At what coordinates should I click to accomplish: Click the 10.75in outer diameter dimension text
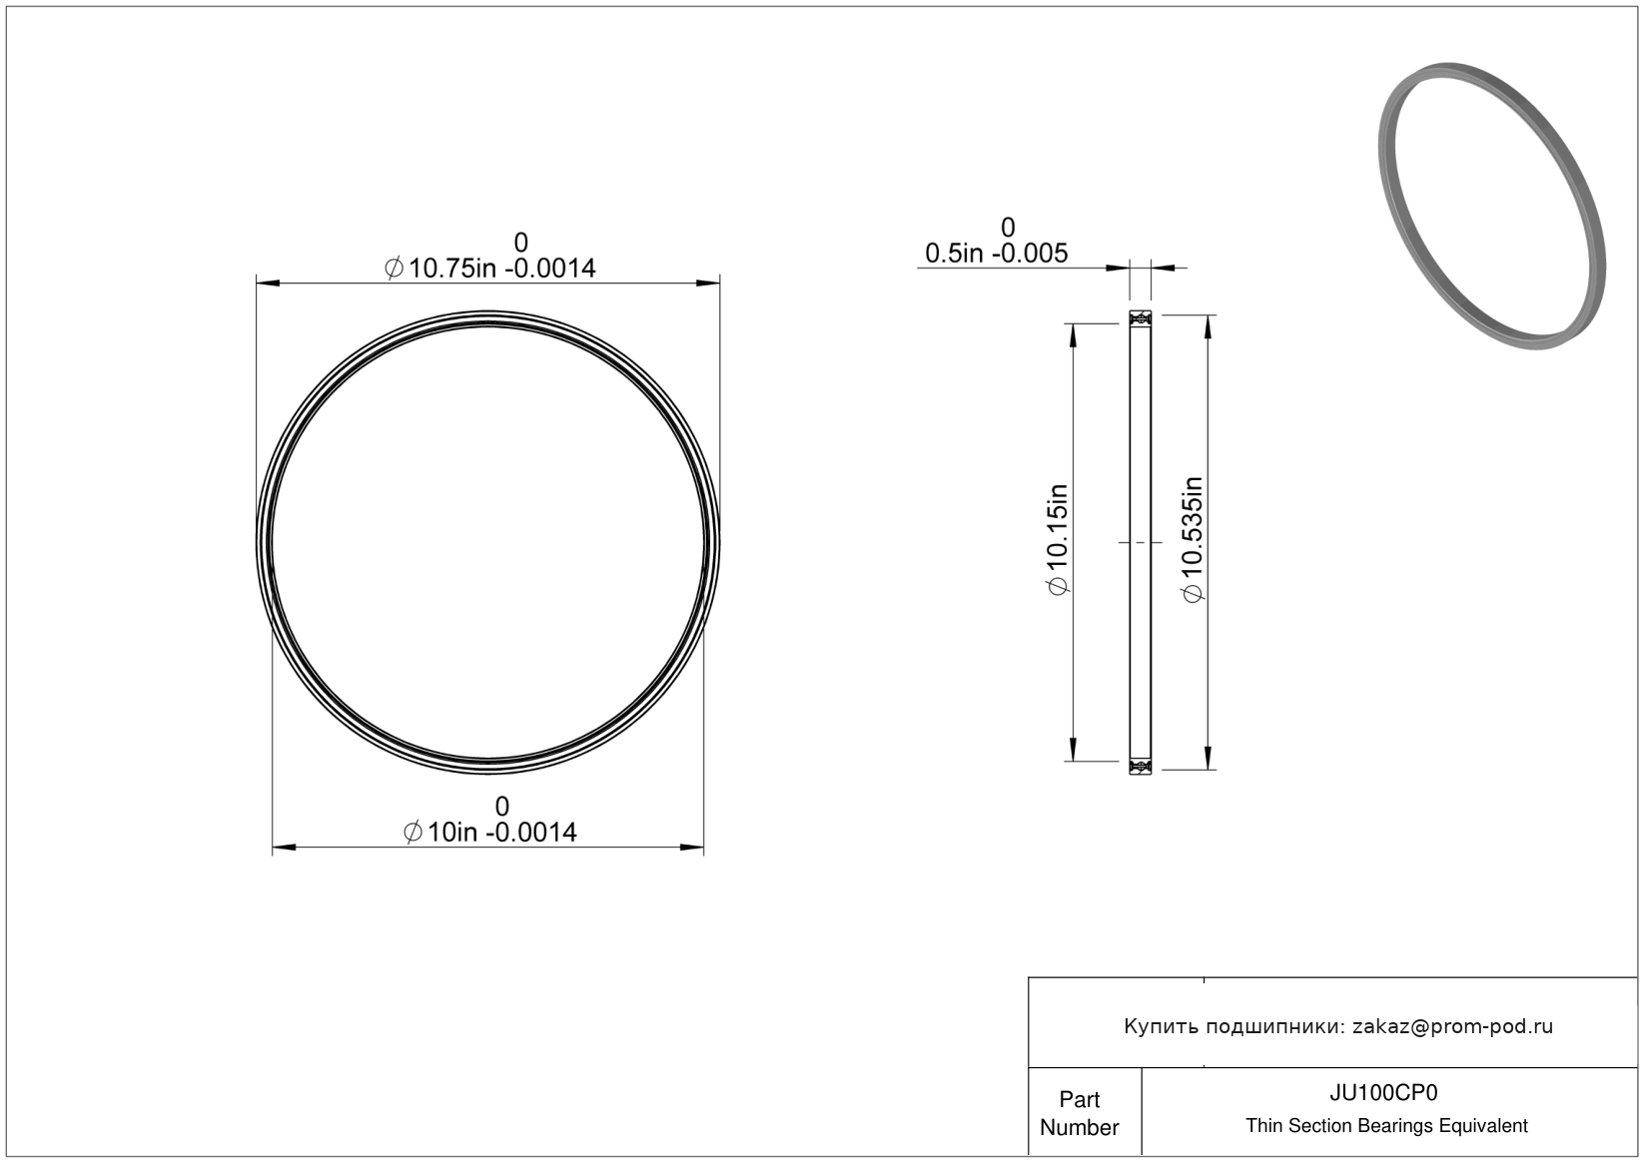pos(490,269)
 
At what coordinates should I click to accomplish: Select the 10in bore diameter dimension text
pos(490,833)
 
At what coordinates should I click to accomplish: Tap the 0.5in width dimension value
pos(997,254)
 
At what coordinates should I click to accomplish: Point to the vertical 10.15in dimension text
pos(1058,539)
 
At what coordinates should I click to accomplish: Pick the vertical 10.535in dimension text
pos(1192,539)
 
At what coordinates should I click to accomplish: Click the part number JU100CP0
pos(1383,1093)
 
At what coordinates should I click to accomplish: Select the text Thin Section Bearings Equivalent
pos(1386,1126)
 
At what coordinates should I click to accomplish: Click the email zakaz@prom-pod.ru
pos(1452,1026)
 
